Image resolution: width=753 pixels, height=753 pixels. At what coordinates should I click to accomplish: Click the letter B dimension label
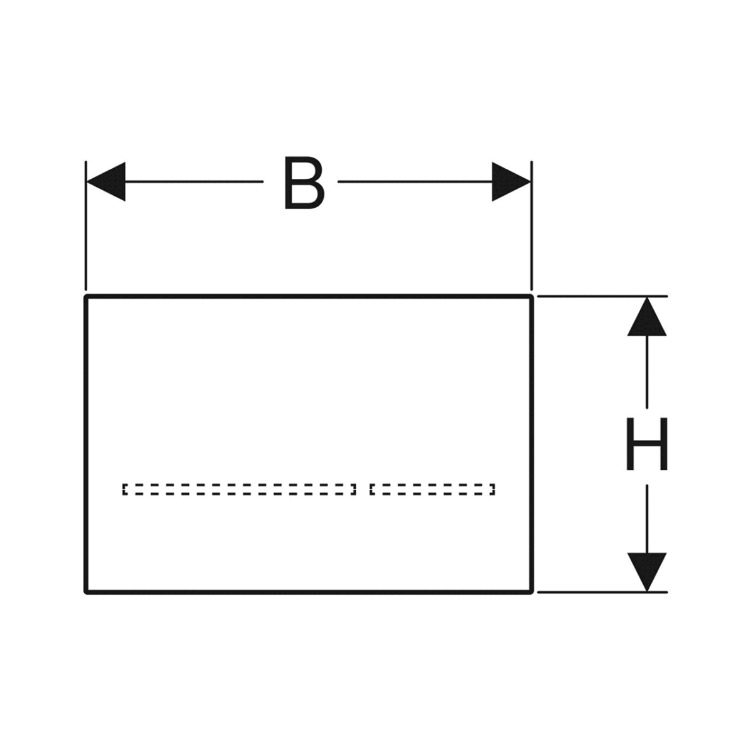coord(304,183)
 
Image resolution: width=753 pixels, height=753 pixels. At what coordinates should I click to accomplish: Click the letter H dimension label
coord(647,444)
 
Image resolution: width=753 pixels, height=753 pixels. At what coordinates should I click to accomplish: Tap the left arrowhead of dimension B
coord(106,182)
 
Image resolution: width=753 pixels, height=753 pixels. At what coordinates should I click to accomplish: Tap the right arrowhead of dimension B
coord(511,182)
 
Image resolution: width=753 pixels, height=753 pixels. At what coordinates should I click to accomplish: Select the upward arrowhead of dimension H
coord(647,317)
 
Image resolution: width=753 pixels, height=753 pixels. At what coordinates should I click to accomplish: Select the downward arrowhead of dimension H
coord(647,572)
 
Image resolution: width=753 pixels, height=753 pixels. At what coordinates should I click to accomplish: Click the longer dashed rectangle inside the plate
coord(239,489)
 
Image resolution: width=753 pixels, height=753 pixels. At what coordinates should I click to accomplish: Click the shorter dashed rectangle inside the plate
coord(432,489)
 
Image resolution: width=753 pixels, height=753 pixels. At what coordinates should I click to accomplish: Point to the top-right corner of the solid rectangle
coord(531,297)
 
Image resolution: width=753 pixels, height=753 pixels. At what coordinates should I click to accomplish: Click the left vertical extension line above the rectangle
coord(86,225)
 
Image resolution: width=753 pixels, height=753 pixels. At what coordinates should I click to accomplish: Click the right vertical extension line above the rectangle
coord(531,225)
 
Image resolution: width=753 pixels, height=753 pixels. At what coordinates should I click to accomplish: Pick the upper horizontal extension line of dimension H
coord(602,297)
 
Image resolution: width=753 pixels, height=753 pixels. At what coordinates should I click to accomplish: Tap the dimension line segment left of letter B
coord(194,182)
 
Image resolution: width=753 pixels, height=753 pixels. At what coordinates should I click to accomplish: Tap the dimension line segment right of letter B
coord(415,182)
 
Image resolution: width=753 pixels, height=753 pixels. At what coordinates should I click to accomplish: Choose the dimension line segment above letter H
coord(647,372)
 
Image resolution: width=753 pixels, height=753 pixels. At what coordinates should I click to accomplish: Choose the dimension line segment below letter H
coord(647,519)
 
